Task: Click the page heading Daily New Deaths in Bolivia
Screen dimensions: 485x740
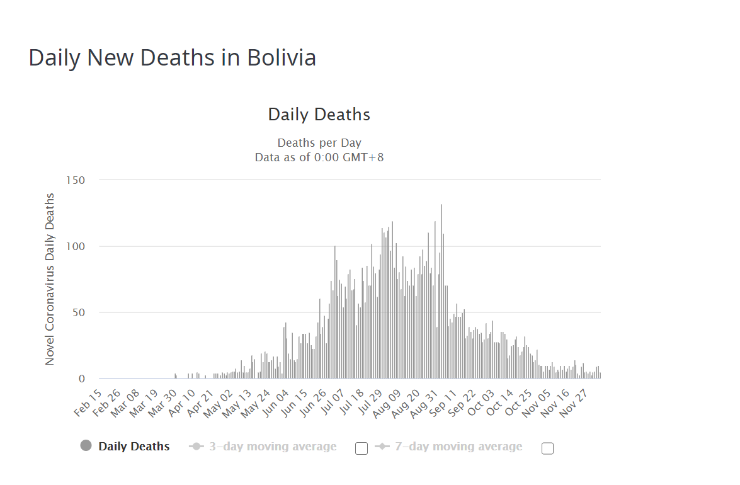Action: point(172,58)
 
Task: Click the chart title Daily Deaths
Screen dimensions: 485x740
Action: point(319,115)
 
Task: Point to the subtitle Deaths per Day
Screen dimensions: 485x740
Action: point(319,143)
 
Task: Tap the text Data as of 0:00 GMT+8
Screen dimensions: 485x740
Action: point(319,157)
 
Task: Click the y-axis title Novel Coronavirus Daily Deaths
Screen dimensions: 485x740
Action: point(50,279)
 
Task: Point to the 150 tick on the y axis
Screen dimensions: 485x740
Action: point(76,180)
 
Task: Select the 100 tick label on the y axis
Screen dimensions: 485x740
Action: point(76,246)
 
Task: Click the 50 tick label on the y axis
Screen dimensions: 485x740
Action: point(78,312)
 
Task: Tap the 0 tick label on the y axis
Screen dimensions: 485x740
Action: point(81,379)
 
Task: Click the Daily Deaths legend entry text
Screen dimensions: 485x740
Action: point(134,447)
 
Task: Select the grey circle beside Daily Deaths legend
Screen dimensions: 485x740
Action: point(86,446)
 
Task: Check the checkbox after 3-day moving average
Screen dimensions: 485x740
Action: point(361,448)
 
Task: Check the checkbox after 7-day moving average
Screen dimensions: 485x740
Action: point(547,448)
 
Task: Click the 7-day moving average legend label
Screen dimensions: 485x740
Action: point(458,447)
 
